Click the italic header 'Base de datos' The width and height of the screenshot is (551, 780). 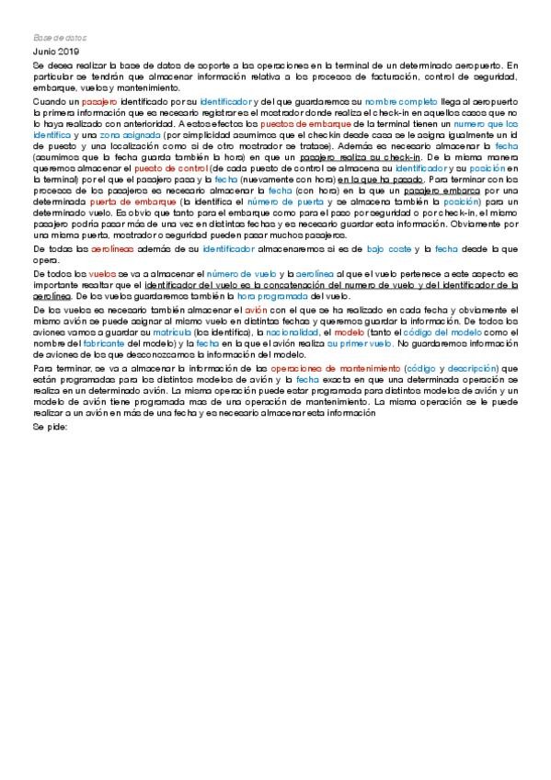pos(59,38)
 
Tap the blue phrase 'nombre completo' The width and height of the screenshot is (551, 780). pos(401,99)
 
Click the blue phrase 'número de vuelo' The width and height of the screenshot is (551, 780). pos(236,274)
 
